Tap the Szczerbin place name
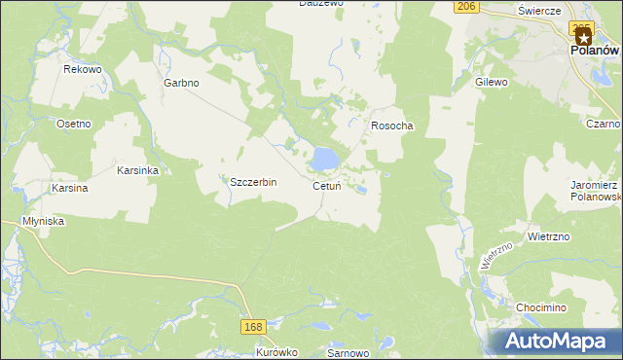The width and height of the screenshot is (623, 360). click(x=253, y=182)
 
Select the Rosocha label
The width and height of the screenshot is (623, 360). click(x=392, y=126)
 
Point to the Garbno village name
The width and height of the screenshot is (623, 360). click(x=181, y=83)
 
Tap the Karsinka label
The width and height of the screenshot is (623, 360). click(x=137, y=169)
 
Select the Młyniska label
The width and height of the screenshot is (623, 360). click(x=43, y=221)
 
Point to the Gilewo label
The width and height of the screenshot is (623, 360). click(x=492, y=83)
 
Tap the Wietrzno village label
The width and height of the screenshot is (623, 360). click(x=548, y=235)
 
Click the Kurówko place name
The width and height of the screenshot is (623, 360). click(x=276, y=352)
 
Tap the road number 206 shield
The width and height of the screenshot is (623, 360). click(x=466, y=6)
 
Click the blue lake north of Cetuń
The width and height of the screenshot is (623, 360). click(x=324, y=157)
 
